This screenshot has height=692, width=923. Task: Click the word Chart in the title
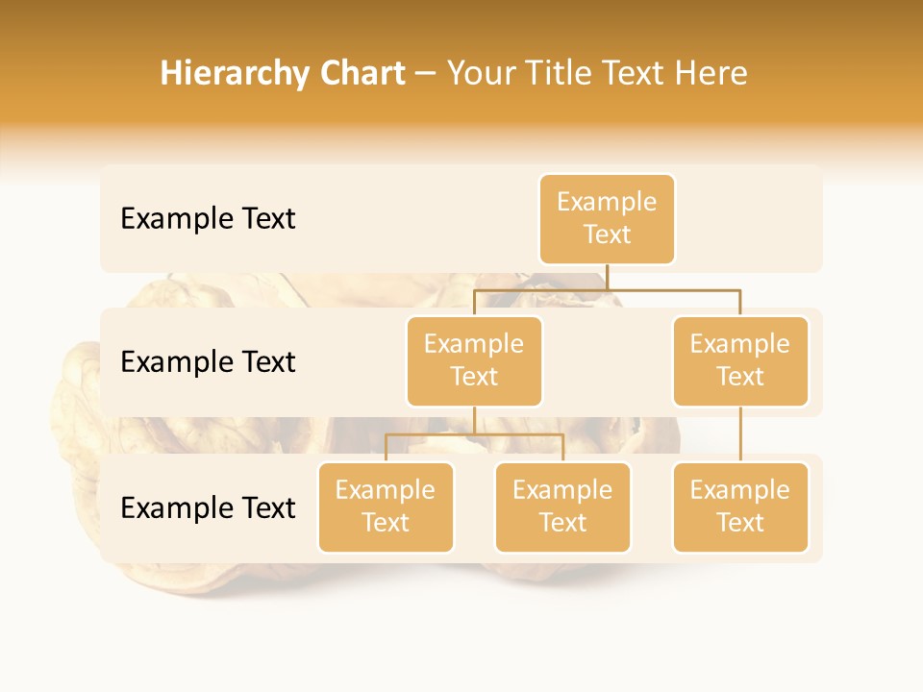coord(361,73)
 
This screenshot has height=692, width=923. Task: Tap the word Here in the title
coord(711,73)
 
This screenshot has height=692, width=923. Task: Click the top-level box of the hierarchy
coord(607,218)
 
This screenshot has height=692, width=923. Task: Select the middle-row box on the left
coord(474,360)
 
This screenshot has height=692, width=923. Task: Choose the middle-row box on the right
coord(740,360)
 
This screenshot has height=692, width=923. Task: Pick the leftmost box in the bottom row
coord(386,507)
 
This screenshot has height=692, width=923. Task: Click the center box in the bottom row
coord(562,507)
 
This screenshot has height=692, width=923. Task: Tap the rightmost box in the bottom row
coord(740,507)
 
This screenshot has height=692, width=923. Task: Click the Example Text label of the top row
coord(208,219)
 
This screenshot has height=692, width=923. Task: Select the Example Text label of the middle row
coord(208,362)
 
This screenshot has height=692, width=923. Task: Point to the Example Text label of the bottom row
coord(208,507)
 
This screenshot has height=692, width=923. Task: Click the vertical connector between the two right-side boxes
coord(740,434)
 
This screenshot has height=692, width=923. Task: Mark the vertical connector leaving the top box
coord(607,277)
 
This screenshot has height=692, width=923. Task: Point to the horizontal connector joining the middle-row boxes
coord(607,289)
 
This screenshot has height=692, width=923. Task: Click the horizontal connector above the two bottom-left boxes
coord(474,434)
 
